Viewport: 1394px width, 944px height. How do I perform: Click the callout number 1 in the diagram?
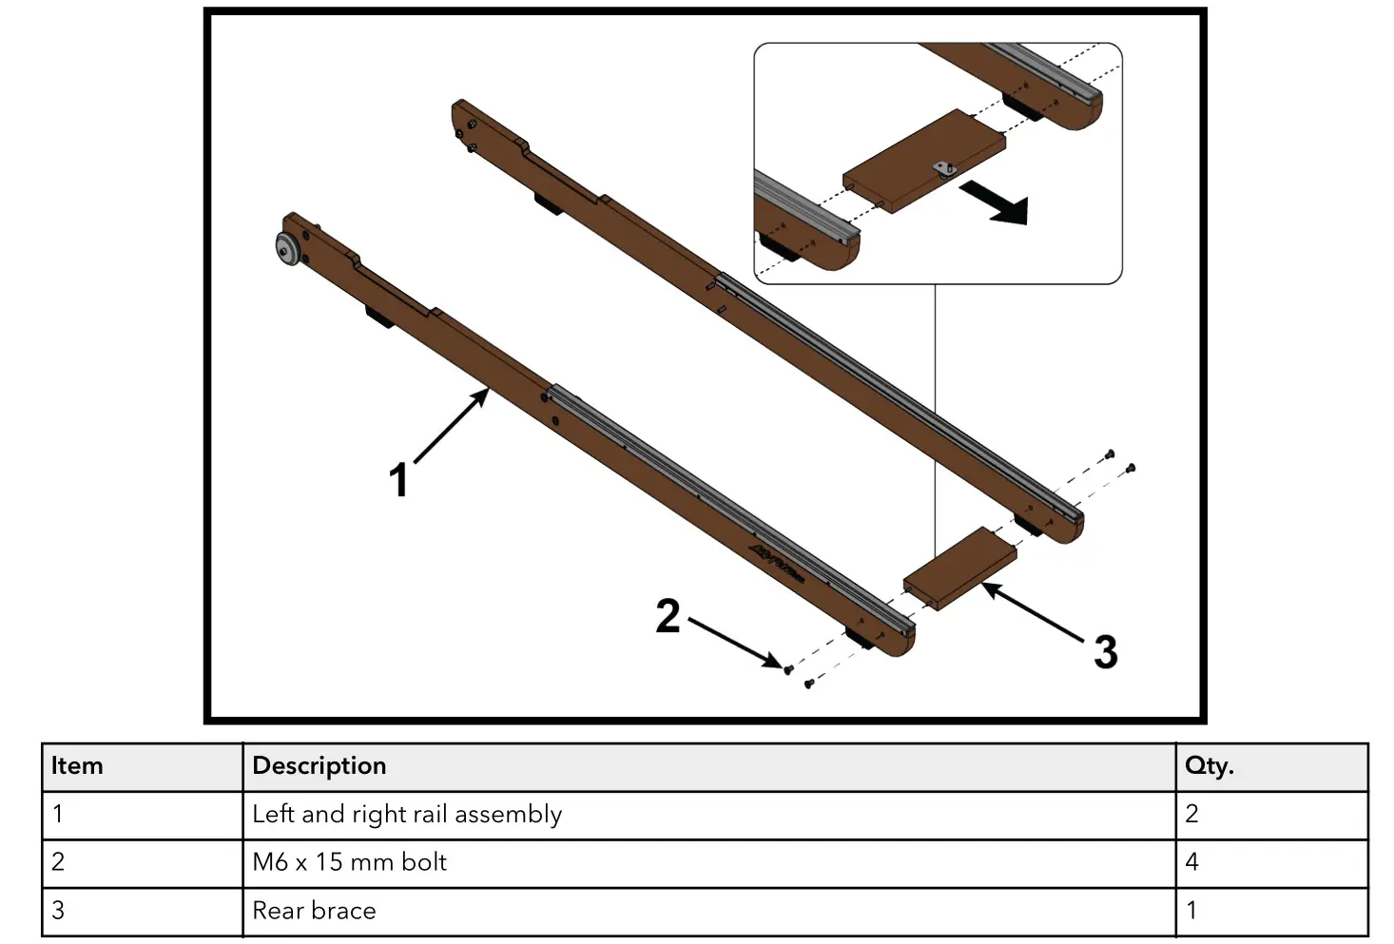click(399, 480)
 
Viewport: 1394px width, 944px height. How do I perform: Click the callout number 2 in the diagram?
click(668, 616)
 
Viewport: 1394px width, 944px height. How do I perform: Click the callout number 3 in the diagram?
click(1104, 652)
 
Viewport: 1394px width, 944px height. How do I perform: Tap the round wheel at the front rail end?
click(286, 249)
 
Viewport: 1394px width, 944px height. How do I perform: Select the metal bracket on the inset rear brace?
click(943, 168)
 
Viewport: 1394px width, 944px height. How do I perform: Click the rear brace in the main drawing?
click(958, 568)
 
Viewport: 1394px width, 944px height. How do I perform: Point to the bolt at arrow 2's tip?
click(787, 669)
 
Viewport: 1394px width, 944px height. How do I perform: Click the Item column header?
click(77, 766)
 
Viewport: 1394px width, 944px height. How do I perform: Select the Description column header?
click(319, 766)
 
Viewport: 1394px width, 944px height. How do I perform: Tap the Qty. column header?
click(1209, 766)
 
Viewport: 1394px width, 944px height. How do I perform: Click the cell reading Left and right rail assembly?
click(407, 815)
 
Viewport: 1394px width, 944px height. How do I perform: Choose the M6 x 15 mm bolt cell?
click(350, 862)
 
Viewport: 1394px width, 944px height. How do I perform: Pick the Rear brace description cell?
click(315, 911)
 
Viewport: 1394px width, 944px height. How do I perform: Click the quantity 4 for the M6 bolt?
click(1192, 862)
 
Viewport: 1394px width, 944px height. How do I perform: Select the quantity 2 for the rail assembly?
click(1192, 815)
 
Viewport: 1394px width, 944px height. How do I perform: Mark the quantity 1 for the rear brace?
click(1191, 911)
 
